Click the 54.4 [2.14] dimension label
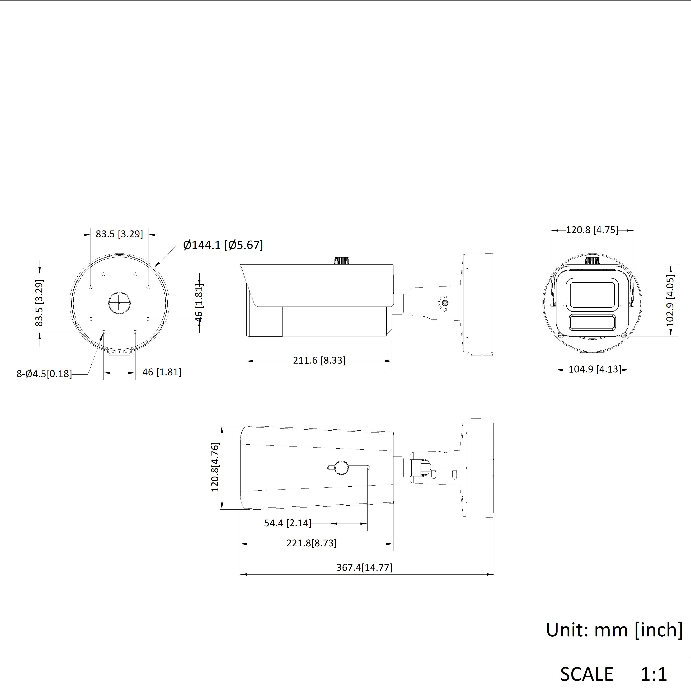[288, 523]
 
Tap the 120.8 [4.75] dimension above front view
[592, 230]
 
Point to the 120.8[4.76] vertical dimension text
[215, 467]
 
